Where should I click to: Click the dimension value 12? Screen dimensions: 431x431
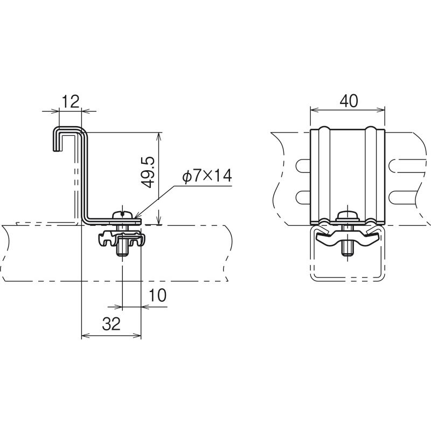[71, 101]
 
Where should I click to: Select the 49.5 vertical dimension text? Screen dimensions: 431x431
[149, 172]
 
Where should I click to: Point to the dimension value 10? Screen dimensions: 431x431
[158, 295]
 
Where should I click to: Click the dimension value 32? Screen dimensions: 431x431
[110, 324]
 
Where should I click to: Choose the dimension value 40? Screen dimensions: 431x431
[348, 101]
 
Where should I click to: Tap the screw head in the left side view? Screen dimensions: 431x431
[124, 214]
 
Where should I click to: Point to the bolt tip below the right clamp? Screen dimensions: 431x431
[347, 248]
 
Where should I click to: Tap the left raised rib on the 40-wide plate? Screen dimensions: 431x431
[324, 172]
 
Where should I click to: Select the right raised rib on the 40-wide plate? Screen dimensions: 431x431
[371, 172]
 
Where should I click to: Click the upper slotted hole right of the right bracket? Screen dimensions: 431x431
[401, 165]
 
